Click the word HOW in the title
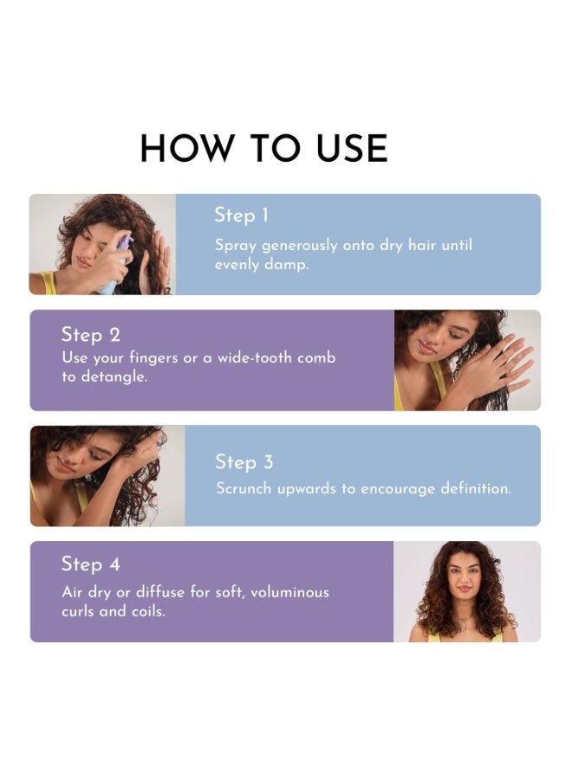(x=187, y=148)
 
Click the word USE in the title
(x=352, y=148)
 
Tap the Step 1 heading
(x=241, y=216)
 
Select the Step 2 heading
(x=90, y=335)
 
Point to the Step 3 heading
(x=244, y=462)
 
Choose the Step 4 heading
(x=90, y=564)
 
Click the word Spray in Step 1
(x=235, y=246)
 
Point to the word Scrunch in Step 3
(x=244, y=488)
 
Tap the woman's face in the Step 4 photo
(x=464, y=580)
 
